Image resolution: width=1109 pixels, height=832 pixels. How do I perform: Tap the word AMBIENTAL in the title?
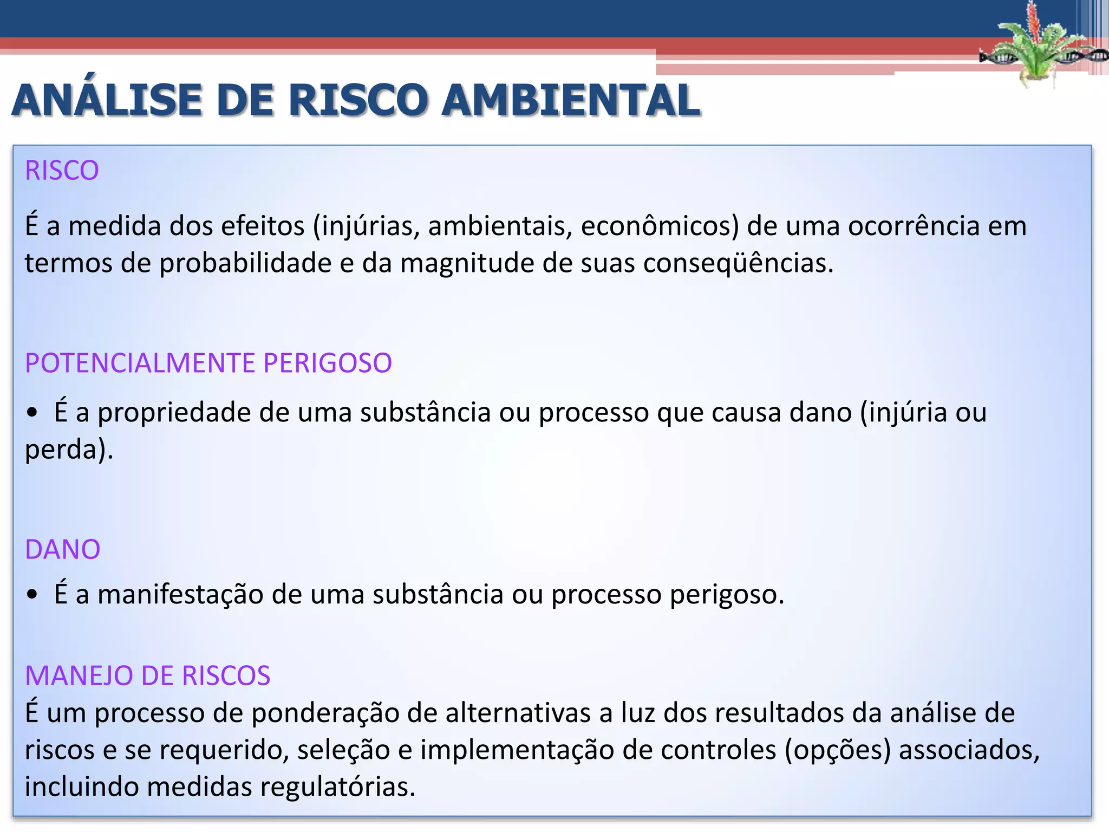(x=571, y=101)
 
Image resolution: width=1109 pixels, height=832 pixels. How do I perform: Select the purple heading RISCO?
(x=62, y=171)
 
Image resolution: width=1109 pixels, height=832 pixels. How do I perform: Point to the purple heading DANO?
(x=63, y=549)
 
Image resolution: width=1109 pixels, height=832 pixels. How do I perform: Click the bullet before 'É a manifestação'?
(x=32, y=595)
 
